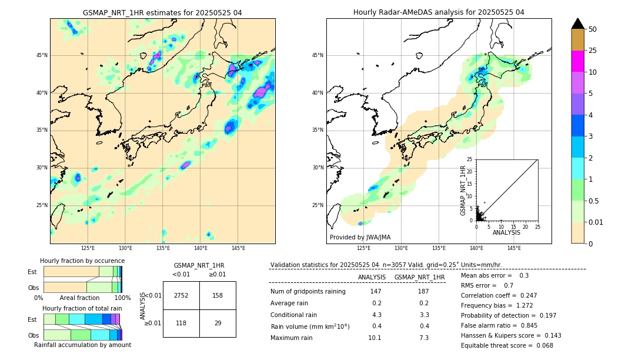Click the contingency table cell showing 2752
181,295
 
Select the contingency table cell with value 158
218,295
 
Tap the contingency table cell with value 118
181,323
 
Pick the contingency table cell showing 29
218,323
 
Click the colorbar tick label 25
593,51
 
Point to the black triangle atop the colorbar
578,24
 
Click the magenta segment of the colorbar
578,61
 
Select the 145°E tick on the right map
514,248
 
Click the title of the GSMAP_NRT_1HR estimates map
162,12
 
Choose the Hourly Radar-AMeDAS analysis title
439,12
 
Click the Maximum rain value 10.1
375,338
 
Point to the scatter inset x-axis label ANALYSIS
506,232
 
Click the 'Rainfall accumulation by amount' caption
82,345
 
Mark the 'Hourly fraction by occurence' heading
82,261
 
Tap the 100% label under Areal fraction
122,298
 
